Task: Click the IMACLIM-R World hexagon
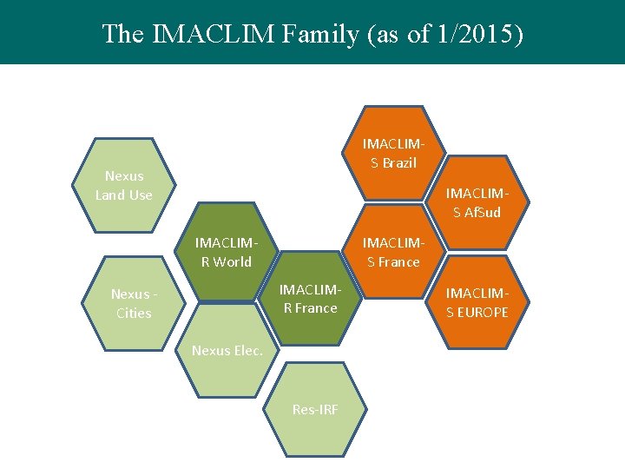pyautogui.click(x=224, y=252)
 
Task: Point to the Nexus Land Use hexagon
pyautogui.click(x=123, y=186)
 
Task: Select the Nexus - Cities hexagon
pyautogui.click(x=133, y=304)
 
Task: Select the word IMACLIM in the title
pyautogui.click(x=209, y=34)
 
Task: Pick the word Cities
pyautogui.click(x=134, y=314)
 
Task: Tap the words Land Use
pyautogui.click(x=123, y=195)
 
